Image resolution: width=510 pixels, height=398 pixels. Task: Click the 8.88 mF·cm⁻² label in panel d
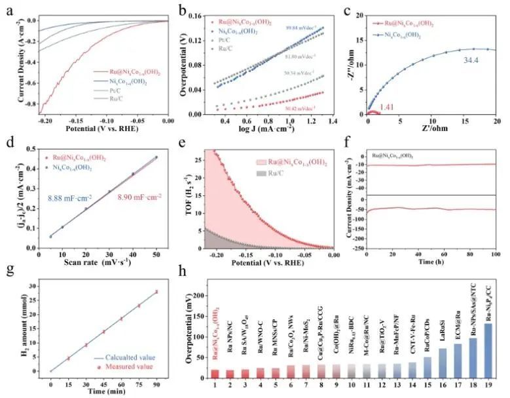click(56, 195)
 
